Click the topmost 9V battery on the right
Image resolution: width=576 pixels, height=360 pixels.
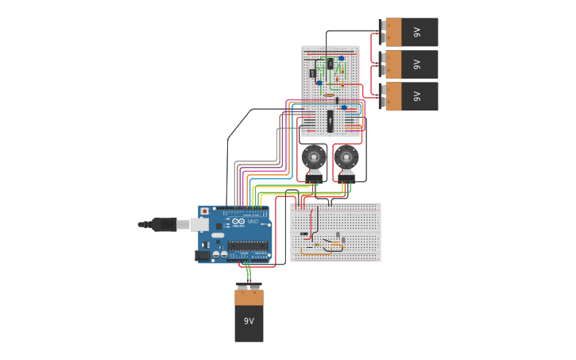(412, 33)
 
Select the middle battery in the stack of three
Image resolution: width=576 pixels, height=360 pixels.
(412, 64)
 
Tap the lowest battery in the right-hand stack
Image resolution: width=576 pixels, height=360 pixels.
(412, 96)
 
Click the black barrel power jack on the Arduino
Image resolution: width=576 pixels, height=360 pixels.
(203, 255)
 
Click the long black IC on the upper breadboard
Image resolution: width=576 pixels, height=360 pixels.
(330, 121)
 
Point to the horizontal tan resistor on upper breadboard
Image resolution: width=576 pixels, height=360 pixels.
(329, 95)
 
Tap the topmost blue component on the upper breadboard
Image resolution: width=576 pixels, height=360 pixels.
(341, 58)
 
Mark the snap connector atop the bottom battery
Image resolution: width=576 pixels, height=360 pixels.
(249, 286)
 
